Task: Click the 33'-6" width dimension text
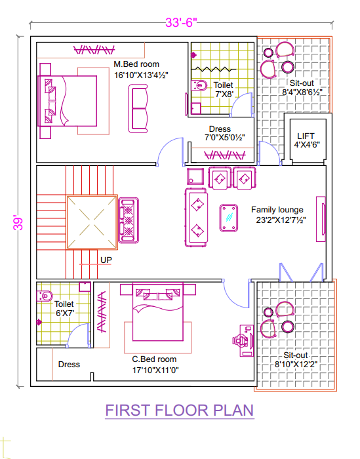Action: [x=181, y=22]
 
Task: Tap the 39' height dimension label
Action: [x=18, y=224]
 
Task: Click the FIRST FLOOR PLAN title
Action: [x=180, y=410]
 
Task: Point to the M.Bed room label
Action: [x=136, y=64]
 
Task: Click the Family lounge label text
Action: [x=277, y=210]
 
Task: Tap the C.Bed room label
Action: [x=154, y=359]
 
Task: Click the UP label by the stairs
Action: [x=106, y=260]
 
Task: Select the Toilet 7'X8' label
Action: [x=224, y=90]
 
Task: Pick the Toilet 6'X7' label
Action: [x=64, y=309]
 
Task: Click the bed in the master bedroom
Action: [x=68, y=101]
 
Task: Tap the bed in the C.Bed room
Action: [x=158, y=312]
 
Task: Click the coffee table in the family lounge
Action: [x=229, y=218]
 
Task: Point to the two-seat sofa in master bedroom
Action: [x=138, y=109]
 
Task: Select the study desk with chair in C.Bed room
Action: [x=243, y=340]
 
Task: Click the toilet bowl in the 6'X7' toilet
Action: [x=45, y=296]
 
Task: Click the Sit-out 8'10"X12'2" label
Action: [x=296, y=360]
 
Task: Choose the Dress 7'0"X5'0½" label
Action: [x=224, y=133]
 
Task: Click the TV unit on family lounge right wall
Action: [x=321, y=219]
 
